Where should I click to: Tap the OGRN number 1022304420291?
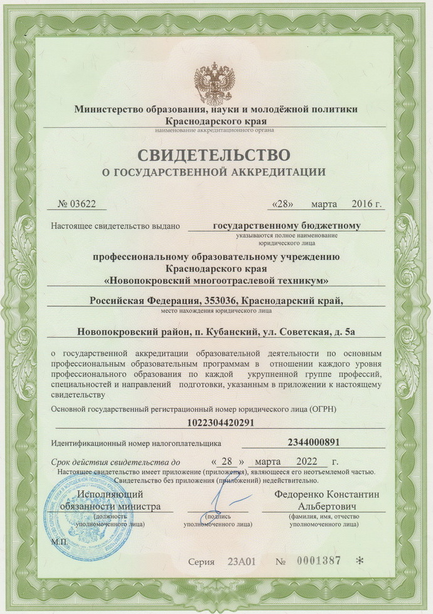216,422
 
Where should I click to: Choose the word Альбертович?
326,506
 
